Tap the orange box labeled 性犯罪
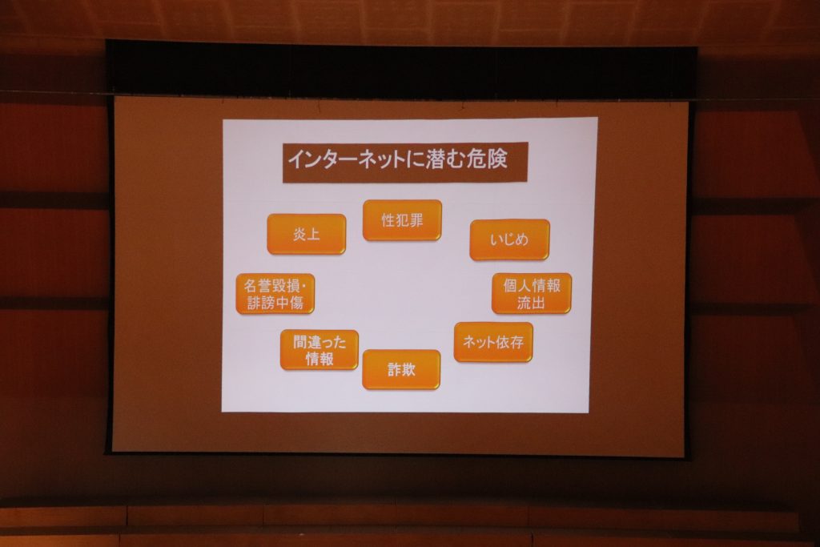pyautogui.click(x=402, y=220)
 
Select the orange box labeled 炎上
pyautogui.click(x=307, y=234)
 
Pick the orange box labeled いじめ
pyautogui.click(x=509, y=239)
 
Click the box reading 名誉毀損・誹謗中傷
pyautogui.click(x=275, y=294)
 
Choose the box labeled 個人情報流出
pyautogui.click(x=532, y=293)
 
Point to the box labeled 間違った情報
pyautogui.click(x=319, y=350)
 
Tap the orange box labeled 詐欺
pyautogui.click(x=401, y=370)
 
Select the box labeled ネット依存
pyautogui.click(x=493, y=342)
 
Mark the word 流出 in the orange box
pyautogui.click(x=531, y=302)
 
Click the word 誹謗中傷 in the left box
pyautogui.click(x=275, y=303)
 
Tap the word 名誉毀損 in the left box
pyautogui.click(x=271, y=286)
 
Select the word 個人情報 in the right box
pyautogui.click(x=532, y=285)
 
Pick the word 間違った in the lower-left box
pyautogui.click(x=319, y=342)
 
